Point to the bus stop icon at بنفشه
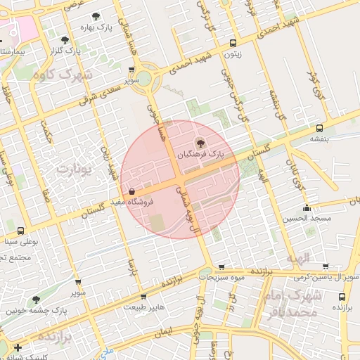[320, 129]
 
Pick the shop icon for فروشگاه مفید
[131, 191]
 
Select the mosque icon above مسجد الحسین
[307, 208]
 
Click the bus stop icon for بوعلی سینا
[20, 231]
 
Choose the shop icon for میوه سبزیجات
[222, 267]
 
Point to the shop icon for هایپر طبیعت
[143, 297]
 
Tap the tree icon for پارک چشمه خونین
[36, 300]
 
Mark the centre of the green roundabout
[149, 78]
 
